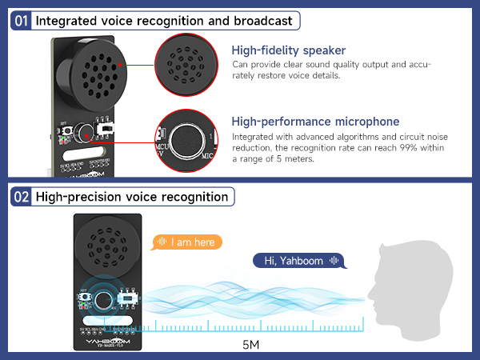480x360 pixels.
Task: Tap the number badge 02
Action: (22, 196)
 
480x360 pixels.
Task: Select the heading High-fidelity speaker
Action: (288, 50)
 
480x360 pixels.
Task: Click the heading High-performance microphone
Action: (315, 122)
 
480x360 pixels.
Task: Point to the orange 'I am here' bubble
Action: (189, 242)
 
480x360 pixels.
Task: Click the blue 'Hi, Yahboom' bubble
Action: (298, 260)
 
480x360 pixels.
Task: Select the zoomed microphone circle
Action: (186, 138)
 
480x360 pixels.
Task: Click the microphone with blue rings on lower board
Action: (104, 300)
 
